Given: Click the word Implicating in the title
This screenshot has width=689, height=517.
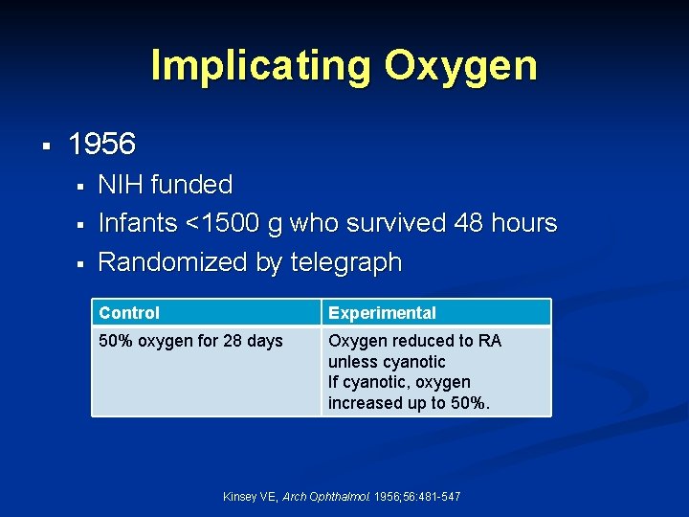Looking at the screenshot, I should pos(260,66).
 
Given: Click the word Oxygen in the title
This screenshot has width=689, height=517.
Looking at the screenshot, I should pos(460,66).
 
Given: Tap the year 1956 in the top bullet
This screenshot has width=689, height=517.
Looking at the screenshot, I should pos(102,145).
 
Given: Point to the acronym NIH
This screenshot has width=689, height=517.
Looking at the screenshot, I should pos(120,185).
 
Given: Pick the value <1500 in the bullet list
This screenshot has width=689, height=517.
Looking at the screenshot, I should pos(226,223).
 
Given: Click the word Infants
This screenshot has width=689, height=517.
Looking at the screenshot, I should pos(138,223).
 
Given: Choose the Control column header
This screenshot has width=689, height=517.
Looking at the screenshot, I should pos(129,313).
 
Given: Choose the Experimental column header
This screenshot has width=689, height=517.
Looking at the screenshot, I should pos(382,313).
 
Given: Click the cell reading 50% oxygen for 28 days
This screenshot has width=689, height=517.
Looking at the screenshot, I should pos(191,341).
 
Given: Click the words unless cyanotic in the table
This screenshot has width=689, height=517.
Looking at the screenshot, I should pos(387,362).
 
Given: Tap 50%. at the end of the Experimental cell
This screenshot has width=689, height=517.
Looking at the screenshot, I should pos(468,403).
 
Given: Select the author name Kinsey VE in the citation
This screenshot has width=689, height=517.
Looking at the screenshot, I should pos(250,496).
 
